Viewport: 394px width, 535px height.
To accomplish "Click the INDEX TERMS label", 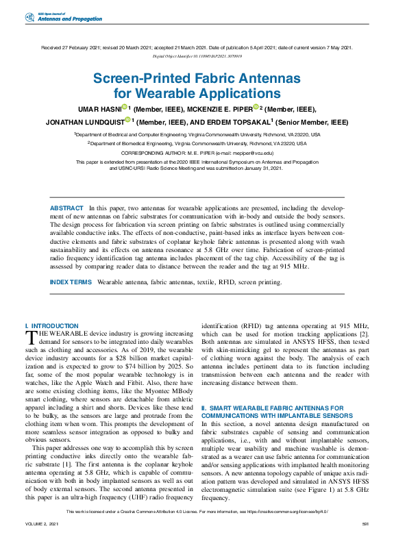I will [71, 282].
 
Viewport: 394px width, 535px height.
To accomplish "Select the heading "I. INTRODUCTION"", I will [51, 326].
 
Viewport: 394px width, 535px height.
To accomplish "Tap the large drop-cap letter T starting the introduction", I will [30, 336].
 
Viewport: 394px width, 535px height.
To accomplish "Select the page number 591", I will [365, 524].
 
